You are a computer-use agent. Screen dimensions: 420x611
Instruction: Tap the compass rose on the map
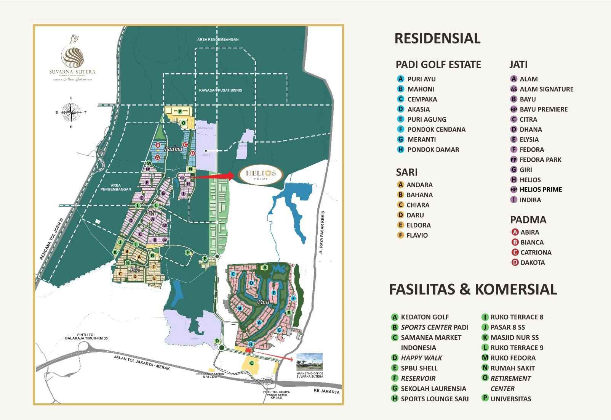pos(71,112)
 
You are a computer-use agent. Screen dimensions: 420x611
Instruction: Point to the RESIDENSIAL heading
pos(437,39)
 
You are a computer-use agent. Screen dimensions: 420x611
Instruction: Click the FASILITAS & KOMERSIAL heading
pos(473,290)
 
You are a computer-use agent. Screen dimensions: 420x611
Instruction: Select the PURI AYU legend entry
pos(421,79)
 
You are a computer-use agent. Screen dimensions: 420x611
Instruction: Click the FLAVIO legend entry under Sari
pos(417,235)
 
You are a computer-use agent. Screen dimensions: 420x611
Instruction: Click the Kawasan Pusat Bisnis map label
pos(221,90)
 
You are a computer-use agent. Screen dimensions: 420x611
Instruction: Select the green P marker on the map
pos(179,111)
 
